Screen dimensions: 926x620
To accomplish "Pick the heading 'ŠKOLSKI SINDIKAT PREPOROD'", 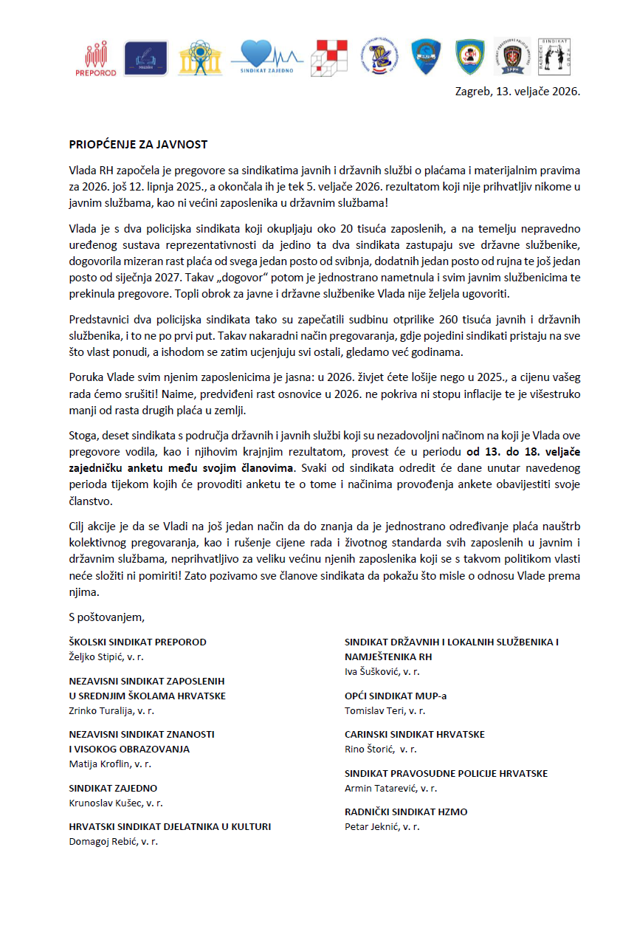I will coord(137,642).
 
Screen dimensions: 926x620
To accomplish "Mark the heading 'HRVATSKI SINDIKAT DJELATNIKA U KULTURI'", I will coord(170,826).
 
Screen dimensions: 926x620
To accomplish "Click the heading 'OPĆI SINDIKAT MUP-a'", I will coord(396,696).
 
